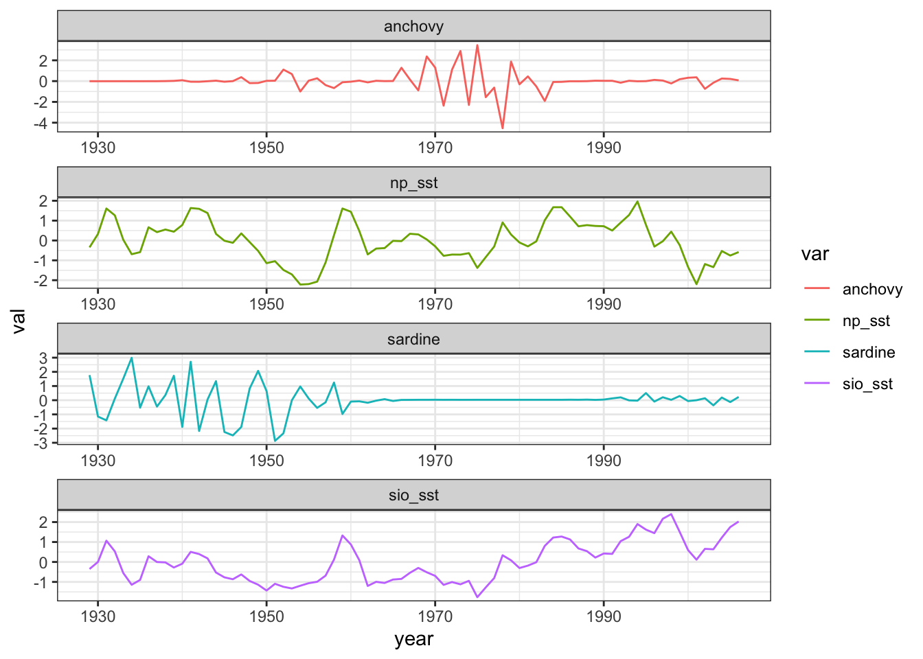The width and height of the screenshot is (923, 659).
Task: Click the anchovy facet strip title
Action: [413, 27]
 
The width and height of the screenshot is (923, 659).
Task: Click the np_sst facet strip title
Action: [413, 183]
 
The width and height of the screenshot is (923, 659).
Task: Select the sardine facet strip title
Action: [413, 339]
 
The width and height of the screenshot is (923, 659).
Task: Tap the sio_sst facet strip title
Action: [413, 496]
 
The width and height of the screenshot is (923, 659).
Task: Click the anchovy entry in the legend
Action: [872, 289]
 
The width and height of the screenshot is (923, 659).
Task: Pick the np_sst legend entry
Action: [866, 321]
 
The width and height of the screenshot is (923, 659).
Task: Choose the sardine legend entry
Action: [869, 352]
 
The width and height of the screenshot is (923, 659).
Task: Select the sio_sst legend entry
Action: [867, 384]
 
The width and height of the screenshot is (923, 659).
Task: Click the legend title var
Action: [815, 254]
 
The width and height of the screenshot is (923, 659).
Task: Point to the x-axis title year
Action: [413, 639]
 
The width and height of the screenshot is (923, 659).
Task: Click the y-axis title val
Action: [19, 321]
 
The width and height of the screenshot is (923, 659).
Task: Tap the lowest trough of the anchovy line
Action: [503, 128]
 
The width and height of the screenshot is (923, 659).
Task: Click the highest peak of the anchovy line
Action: [477, 45]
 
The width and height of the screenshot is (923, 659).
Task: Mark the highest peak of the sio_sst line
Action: [671, 513]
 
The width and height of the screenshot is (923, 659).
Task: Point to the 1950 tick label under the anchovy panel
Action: [266, 148]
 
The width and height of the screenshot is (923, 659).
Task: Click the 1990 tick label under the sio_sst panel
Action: [604, 616]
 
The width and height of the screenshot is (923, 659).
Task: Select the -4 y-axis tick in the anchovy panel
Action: [43, 123]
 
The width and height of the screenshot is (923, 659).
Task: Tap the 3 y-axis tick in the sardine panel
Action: [43, 358]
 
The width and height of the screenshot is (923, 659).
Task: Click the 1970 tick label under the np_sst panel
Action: [435, 304]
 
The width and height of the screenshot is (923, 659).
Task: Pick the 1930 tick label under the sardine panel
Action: [98, 461]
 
